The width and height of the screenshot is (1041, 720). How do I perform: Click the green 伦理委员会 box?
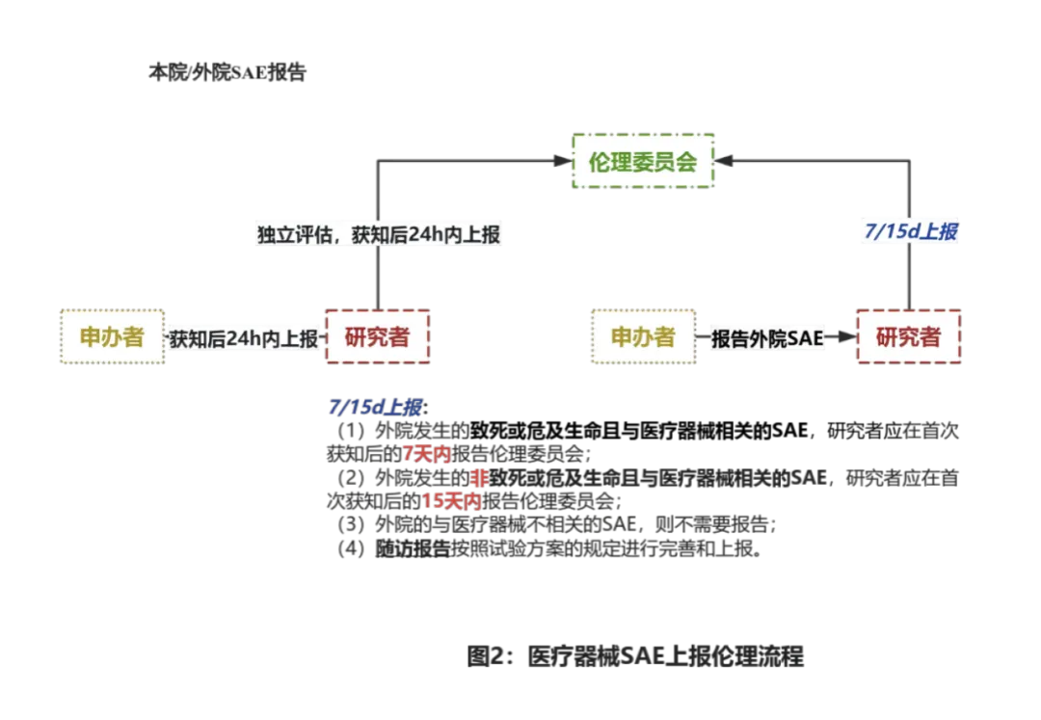pyautogui.click(x=643, y=162)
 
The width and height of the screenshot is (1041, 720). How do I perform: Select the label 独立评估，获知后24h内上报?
pyautogui.click(x=379, y=234)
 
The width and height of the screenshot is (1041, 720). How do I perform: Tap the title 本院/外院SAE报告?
pyautogui.click(x=227, y=73)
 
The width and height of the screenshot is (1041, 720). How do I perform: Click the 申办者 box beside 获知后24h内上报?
pyautogui.click(x=111, y=336)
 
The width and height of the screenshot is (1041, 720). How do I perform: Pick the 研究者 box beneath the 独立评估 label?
pyautogui.click(x=377, y=336)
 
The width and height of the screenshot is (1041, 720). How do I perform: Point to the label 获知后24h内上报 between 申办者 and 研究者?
pyautogui.click(x=245, y=337)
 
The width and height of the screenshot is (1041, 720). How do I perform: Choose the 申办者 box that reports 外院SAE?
pyautogui.click(x=643, y=336)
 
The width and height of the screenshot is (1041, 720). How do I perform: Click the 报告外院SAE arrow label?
pyautogui.click(x=767, y=338)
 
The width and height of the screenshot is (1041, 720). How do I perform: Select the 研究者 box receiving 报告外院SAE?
pyautogui.click(x=908, y=336)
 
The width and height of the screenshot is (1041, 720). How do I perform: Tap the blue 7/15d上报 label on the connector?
pyautogui.click(x=908, y=231)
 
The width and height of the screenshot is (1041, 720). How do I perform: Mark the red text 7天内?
pyautogui.click(x=426, y=453)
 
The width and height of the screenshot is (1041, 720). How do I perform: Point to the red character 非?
pyautogui.click(x=479, y=478)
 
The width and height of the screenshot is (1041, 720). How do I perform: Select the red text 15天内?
pyautogui.click(x=451, y=501)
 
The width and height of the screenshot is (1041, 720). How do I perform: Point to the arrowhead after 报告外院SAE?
pyautogui.click(x=846, y=338)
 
